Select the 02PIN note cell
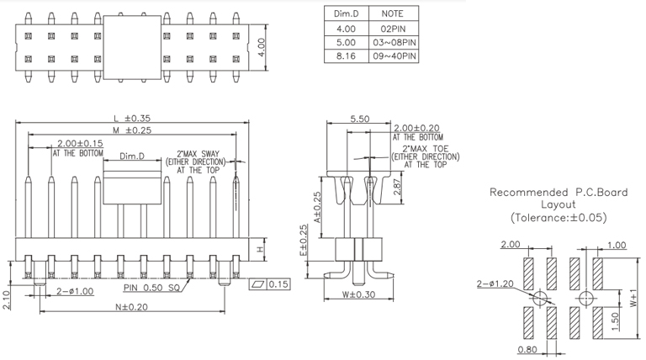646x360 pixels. click(x=393, y=28)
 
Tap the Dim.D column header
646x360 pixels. click(x=347, y=14)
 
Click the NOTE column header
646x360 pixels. click(x=393, y=14)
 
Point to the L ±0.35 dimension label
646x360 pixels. click(x=135, y=118)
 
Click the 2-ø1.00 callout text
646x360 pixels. click(x=77, y=291)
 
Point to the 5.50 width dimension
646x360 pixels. click(x=359, y=119)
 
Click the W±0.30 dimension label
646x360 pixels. click(x=358, y=294)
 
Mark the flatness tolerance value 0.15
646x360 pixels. click(x=278, y=284)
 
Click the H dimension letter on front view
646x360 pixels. click(x=260, y=250)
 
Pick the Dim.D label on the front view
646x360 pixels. click(x=131, y=156)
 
